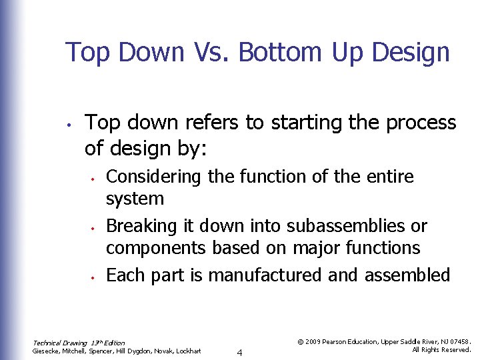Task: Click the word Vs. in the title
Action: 209,52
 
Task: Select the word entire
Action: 388,177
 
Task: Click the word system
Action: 135,199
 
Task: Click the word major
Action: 317,249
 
